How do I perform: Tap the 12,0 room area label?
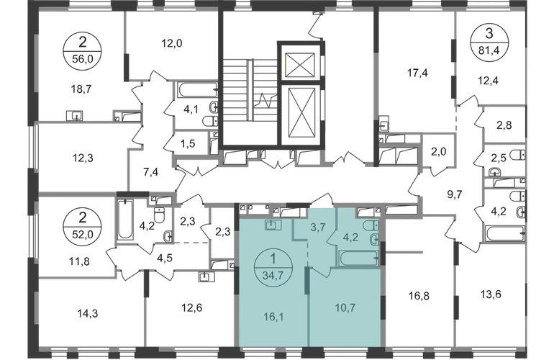172,43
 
